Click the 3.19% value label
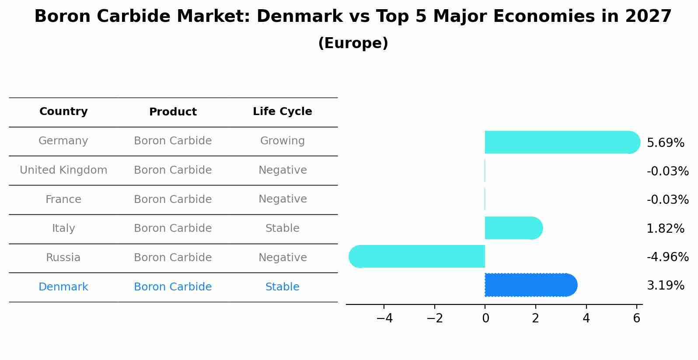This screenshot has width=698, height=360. pos(665,286)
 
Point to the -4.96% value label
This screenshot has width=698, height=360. pos(667,257)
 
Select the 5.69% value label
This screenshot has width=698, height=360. pos(665,143)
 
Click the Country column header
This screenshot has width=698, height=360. pos(63,112)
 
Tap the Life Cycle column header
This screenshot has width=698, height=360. pos(282,112)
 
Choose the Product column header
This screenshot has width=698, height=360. pos(173,112)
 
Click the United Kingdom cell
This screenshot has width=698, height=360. pos(63,170)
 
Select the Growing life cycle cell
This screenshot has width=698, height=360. pos(282,141)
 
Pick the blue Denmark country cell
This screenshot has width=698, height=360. pos(63,287)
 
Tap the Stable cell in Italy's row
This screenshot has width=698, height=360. pos(282,228)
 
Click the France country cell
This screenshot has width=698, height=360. pos(63,199)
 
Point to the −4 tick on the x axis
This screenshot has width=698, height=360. pos(384,318)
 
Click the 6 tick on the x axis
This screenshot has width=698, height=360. pos(636,318)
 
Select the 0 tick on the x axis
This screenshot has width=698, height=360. pos(485,318)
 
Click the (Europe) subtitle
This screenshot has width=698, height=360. pos(353,43)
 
